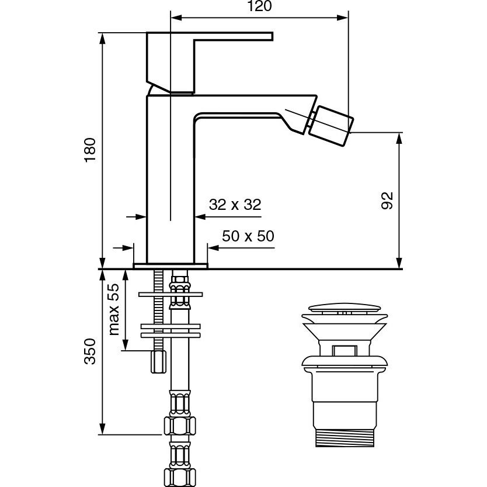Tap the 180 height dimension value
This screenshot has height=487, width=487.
pos(90,150)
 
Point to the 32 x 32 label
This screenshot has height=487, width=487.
pos(235,205)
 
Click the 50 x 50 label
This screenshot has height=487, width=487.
pos(248,236)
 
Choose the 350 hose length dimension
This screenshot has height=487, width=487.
pos(90,351)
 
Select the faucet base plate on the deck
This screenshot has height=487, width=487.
pos(171,266)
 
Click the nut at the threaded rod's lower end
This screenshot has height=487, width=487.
pos(158,362)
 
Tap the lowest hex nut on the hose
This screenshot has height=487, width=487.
pos(179,475)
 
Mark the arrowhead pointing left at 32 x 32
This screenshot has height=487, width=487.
pos(199,216)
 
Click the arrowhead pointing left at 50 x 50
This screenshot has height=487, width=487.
pos(213,248)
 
